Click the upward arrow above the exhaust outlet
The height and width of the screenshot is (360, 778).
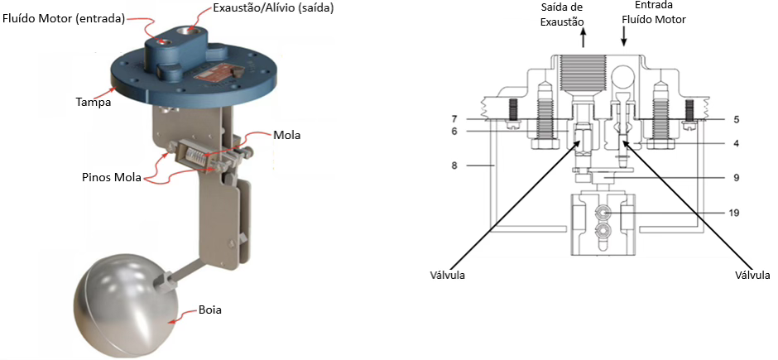click(x=586, y=37)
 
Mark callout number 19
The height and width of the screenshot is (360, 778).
click(x=735, y=212)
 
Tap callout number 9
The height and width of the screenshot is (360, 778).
click(x=735, y=177)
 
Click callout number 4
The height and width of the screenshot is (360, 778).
click(x=735, y=142)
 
